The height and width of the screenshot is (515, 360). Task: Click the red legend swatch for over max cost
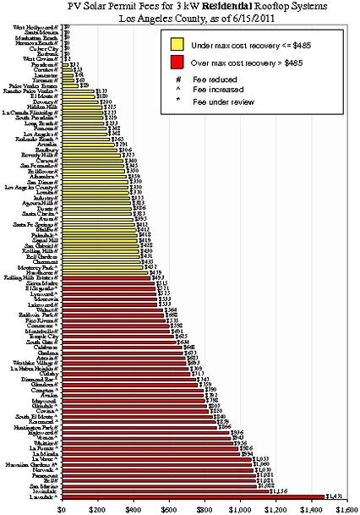click(178, 62)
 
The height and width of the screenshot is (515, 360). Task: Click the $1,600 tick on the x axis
click(346, 509)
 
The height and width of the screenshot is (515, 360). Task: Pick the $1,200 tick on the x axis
click(275, 509)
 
